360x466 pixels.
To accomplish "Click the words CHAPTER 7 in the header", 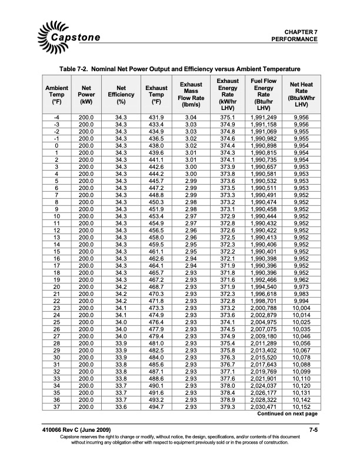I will (x=301, y=31).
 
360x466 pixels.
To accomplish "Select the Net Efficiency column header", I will (x=121, y=94).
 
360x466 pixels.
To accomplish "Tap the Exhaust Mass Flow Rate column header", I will (x=191, y=94).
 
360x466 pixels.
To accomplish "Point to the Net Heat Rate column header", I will (x=301, y=94).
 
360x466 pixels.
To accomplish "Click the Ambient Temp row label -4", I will (x=56, y=118).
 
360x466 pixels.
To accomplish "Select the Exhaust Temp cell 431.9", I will (x=156, y=118).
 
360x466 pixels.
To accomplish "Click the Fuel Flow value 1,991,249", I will (x=264, y=118).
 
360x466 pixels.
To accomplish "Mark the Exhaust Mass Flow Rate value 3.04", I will (x=191, y=118).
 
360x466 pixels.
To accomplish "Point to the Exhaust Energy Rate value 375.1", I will (x=227, y=118).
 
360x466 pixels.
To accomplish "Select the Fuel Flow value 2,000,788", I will (x=264, y=308).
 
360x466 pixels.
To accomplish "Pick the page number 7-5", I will (x=313, y=434).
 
